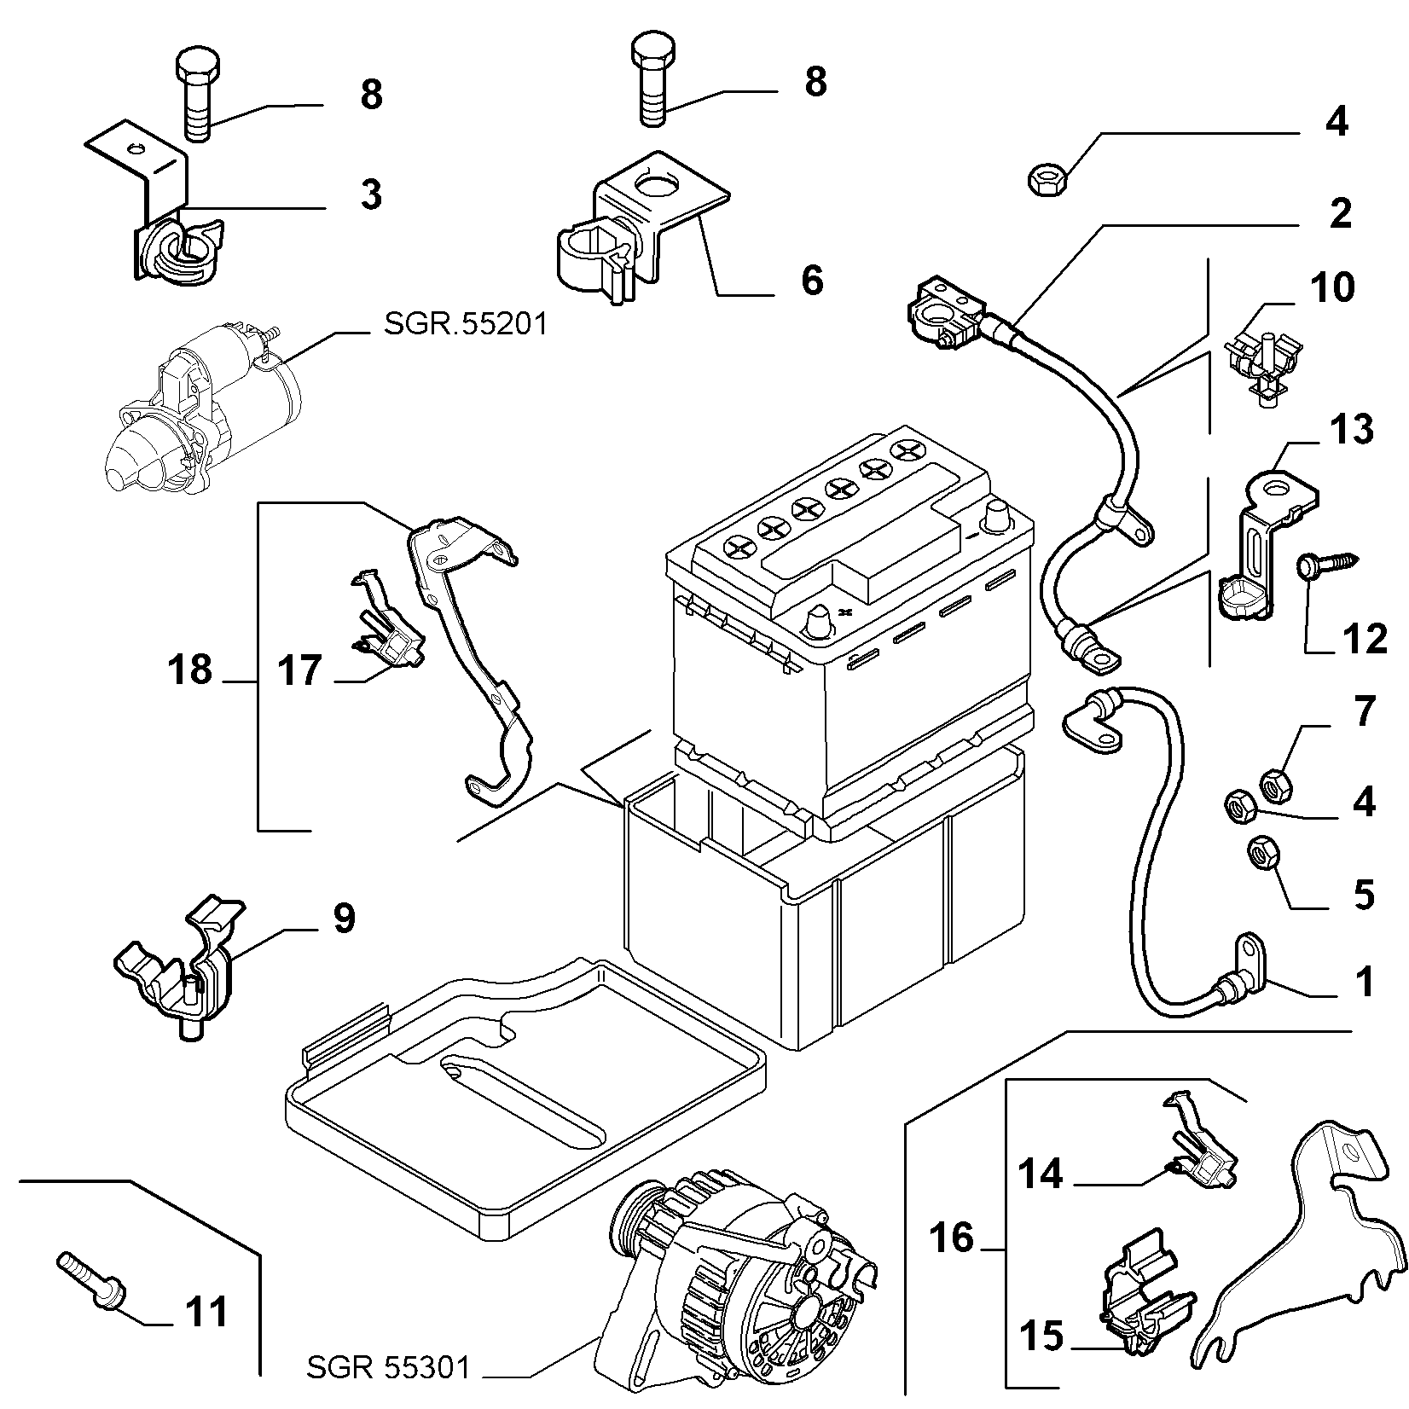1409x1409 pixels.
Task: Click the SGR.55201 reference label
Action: click(x=466, y=325)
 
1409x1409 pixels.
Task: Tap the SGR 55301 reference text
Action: click(x=389, y=1369)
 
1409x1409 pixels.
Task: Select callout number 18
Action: click(x=190, y=670)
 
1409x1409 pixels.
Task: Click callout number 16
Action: click(x=951, y=1237)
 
